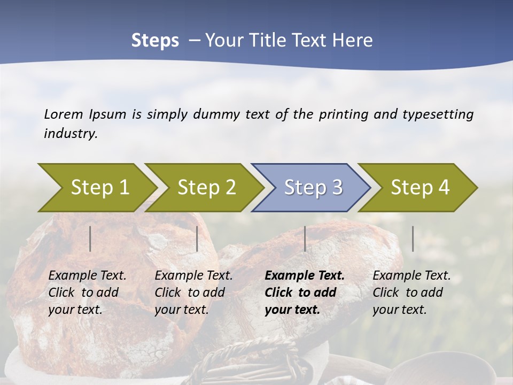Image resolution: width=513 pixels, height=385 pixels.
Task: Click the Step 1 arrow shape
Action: [x=96, y=188]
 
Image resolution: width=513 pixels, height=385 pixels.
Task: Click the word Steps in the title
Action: [x=155, y=41]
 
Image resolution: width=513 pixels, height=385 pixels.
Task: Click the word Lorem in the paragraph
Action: [x=64, y=114]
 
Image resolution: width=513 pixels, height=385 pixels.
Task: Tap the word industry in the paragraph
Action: [x=70, y=133]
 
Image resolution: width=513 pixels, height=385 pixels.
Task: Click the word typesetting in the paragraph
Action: [x=438, y=114]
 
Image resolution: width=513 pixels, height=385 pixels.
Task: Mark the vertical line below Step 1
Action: [x=90, y=238]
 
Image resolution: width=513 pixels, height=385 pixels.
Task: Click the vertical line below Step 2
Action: [x=197, y=238]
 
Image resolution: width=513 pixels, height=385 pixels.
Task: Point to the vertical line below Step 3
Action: [x=305, y=238]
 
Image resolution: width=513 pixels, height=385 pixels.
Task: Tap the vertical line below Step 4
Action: [x=413, y=238]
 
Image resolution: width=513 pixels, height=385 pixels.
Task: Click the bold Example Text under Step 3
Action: [x=305, y=276]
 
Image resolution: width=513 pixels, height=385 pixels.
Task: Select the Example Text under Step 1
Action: [x=87, y=276]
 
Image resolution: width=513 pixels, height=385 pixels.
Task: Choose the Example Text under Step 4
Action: [x=411, y=276]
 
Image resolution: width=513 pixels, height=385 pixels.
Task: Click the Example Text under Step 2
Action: [x=193, y=276]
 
